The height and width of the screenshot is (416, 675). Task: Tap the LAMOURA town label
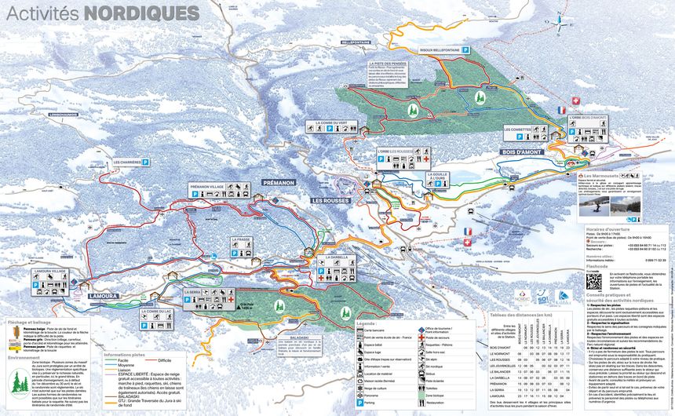[x=103, y=296]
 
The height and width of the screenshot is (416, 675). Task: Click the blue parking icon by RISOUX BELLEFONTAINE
[x=465, y=49]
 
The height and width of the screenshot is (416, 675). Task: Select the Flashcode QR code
[x=593, y=280]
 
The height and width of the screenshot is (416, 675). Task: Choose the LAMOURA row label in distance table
[x=499, y=396]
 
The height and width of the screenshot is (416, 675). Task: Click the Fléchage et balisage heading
[x=28, y=322]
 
